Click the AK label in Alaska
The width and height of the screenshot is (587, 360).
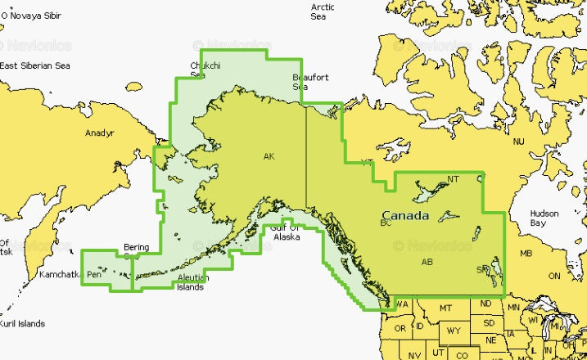269,156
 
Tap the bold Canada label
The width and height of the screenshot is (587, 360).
404,216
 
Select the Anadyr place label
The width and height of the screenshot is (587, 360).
99,133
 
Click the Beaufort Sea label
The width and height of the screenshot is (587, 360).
310,82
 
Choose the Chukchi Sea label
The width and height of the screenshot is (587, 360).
204,70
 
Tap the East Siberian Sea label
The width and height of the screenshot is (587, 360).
35,66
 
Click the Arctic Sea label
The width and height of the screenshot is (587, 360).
322,11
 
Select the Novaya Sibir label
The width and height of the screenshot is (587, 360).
34,16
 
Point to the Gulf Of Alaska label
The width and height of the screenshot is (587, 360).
287,232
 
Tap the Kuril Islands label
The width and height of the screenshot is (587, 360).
22,323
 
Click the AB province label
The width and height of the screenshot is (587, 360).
426,262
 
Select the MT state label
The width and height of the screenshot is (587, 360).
445,308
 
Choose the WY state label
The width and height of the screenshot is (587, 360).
453,331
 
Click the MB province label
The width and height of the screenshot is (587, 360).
526,253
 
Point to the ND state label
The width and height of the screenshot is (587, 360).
485,304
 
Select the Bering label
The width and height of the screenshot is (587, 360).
136,246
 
